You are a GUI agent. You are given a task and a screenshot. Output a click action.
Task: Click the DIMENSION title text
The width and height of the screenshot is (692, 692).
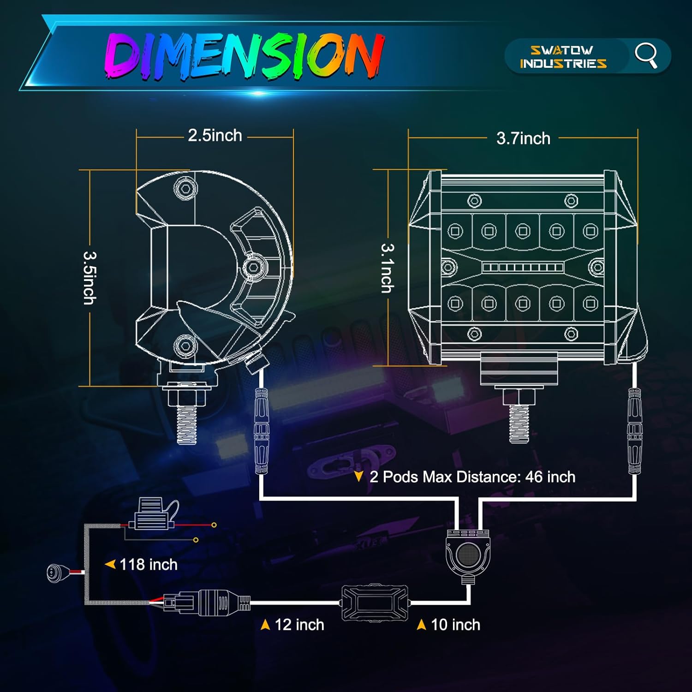[x=245, y=55]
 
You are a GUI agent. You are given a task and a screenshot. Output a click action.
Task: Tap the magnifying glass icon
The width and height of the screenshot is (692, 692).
[x=646, y=55]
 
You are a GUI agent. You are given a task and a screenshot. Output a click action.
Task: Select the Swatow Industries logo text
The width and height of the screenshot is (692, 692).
[x=563, y=57]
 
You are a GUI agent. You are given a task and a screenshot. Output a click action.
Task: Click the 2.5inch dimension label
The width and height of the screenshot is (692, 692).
[x=215, y=135]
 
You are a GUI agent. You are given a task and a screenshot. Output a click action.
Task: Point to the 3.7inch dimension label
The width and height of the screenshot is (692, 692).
[x=524, y=138]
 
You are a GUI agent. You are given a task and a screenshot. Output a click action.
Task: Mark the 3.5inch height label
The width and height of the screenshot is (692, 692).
[x=89, y=278]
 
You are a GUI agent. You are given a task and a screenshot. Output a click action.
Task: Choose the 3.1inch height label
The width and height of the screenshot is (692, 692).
[x=388, y=268]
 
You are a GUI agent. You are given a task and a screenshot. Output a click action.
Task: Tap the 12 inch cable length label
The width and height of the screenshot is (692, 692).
[x=299, y=625]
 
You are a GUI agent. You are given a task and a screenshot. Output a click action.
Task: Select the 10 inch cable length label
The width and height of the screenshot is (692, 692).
[x=455, y=625]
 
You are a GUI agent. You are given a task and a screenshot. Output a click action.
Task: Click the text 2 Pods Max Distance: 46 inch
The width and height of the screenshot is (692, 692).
[x=472, y=477]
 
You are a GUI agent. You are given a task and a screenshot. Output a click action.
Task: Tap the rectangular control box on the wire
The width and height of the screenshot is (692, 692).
[x=375, y=603]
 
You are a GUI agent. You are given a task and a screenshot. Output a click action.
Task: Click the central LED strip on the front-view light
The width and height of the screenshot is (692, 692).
[x=523, y=268]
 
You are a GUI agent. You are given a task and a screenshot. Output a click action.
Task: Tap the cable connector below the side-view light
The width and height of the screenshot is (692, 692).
[x=262, y=431]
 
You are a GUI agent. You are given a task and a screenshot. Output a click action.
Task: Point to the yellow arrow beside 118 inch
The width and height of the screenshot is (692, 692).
[x=110, y=564]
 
